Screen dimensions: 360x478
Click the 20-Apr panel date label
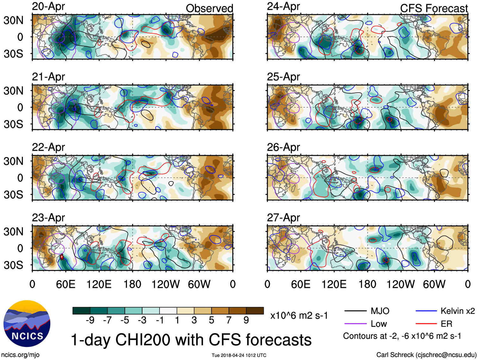48,7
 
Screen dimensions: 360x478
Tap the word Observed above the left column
209,9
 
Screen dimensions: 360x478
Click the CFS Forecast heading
434,9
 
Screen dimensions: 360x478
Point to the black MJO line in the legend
355,311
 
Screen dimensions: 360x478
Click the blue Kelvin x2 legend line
426,311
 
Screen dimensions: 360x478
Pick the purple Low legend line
355,324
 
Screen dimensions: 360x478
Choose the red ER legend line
426,324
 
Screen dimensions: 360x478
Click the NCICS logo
27,323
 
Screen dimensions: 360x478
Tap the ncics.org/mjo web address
20,355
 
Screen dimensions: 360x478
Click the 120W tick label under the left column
166,284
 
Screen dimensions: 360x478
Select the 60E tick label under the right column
301,284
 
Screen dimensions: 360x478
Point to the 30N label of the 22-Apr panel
14,161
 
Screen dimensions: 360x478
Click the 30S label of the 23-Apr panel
14,265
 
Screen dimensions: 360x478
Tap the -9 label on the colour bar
90,320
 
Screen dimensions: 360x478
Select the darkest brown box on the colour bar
255,311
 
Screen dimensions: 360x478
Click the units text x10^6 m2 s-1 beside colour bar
299,316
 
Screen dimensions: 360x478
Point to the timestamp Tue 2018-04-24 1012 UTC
239,355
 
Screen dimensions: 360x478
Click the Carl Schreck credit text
426,355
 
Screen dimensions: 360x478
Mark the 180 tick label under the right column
367,284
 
